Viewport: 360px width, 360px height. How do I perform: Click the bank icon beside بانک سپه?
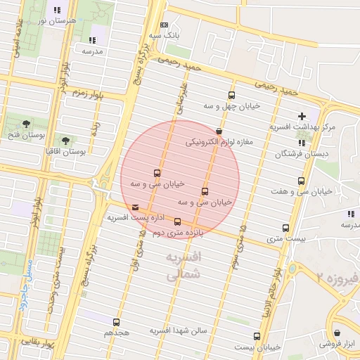(164, 24)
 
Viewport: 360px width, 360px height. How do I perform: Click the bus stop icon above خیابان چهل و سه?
(231, 96)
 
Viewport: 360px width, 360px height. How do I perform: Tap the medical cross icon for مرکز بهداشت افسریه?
(302, 116)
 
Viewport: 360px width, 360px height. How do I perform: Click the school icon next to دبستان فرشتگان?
(301, 143)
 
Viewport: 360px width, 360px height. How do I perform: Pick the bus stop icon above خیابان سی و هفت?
(302, 181)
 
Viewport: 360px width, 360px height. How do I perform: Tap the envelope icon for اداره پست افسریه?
(136, 207)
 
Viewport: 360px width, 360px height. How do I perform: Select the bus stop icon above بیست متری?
(285, 228)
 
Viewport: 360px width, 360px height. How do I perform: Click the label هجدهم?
(117, 332)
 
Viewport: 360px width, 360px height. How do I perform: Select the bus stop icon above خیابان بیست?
(257, 336)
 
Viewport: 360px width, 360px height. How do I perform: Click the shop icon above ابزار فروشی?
(338, 333)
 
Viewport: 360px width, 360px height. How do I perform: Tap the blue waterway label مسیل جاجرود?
(26, 278)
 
